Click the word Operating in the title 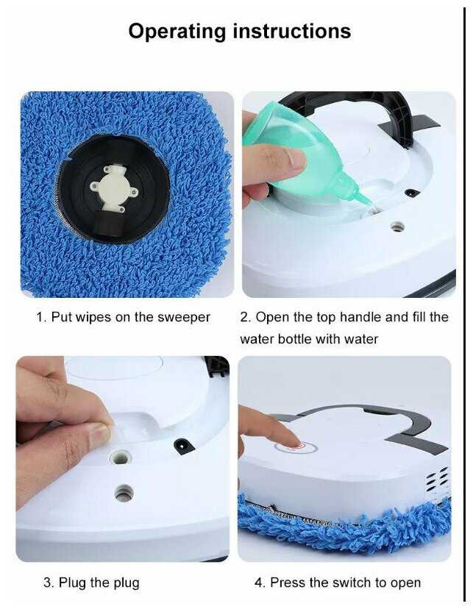pos(177,32)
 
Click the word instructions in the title pos(292,31)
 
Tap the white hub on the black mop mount pos(113,188)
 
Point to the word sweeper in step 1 pos(184,317)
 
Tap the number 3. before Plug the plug pos(49,583)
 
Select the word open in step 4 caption pos(405,584)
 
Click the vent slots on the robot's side pos(437,479)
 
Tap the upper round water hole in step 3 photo pos(120,458)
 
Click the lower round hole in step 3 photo pos(124,494)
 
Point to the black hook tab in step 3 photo pos(183,446)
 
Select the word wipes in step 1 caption pos(93,317)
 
